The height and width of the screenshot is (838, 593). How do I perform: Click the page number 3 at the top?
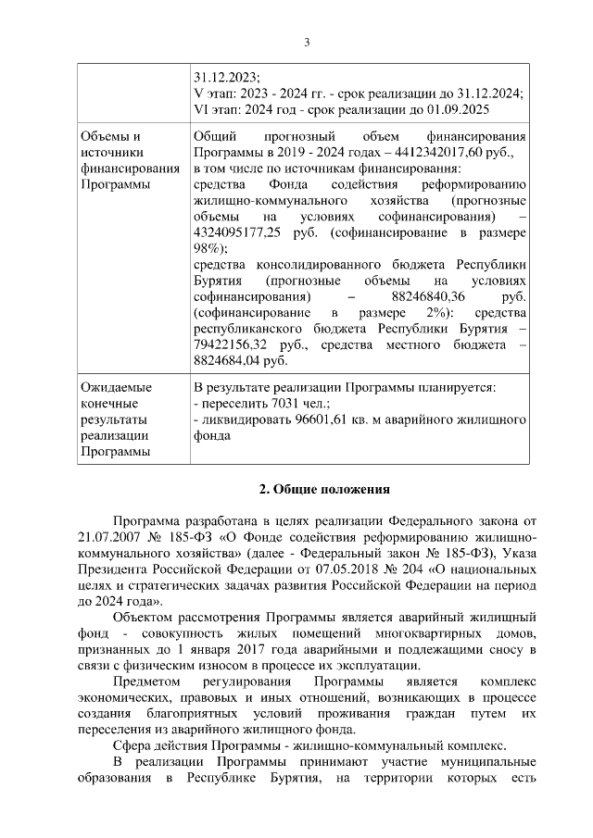307,42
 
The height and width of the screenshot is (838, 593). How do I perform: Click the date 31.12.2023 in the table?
225,76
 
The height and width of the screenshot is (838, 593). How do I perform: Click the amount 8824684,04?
228,362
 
